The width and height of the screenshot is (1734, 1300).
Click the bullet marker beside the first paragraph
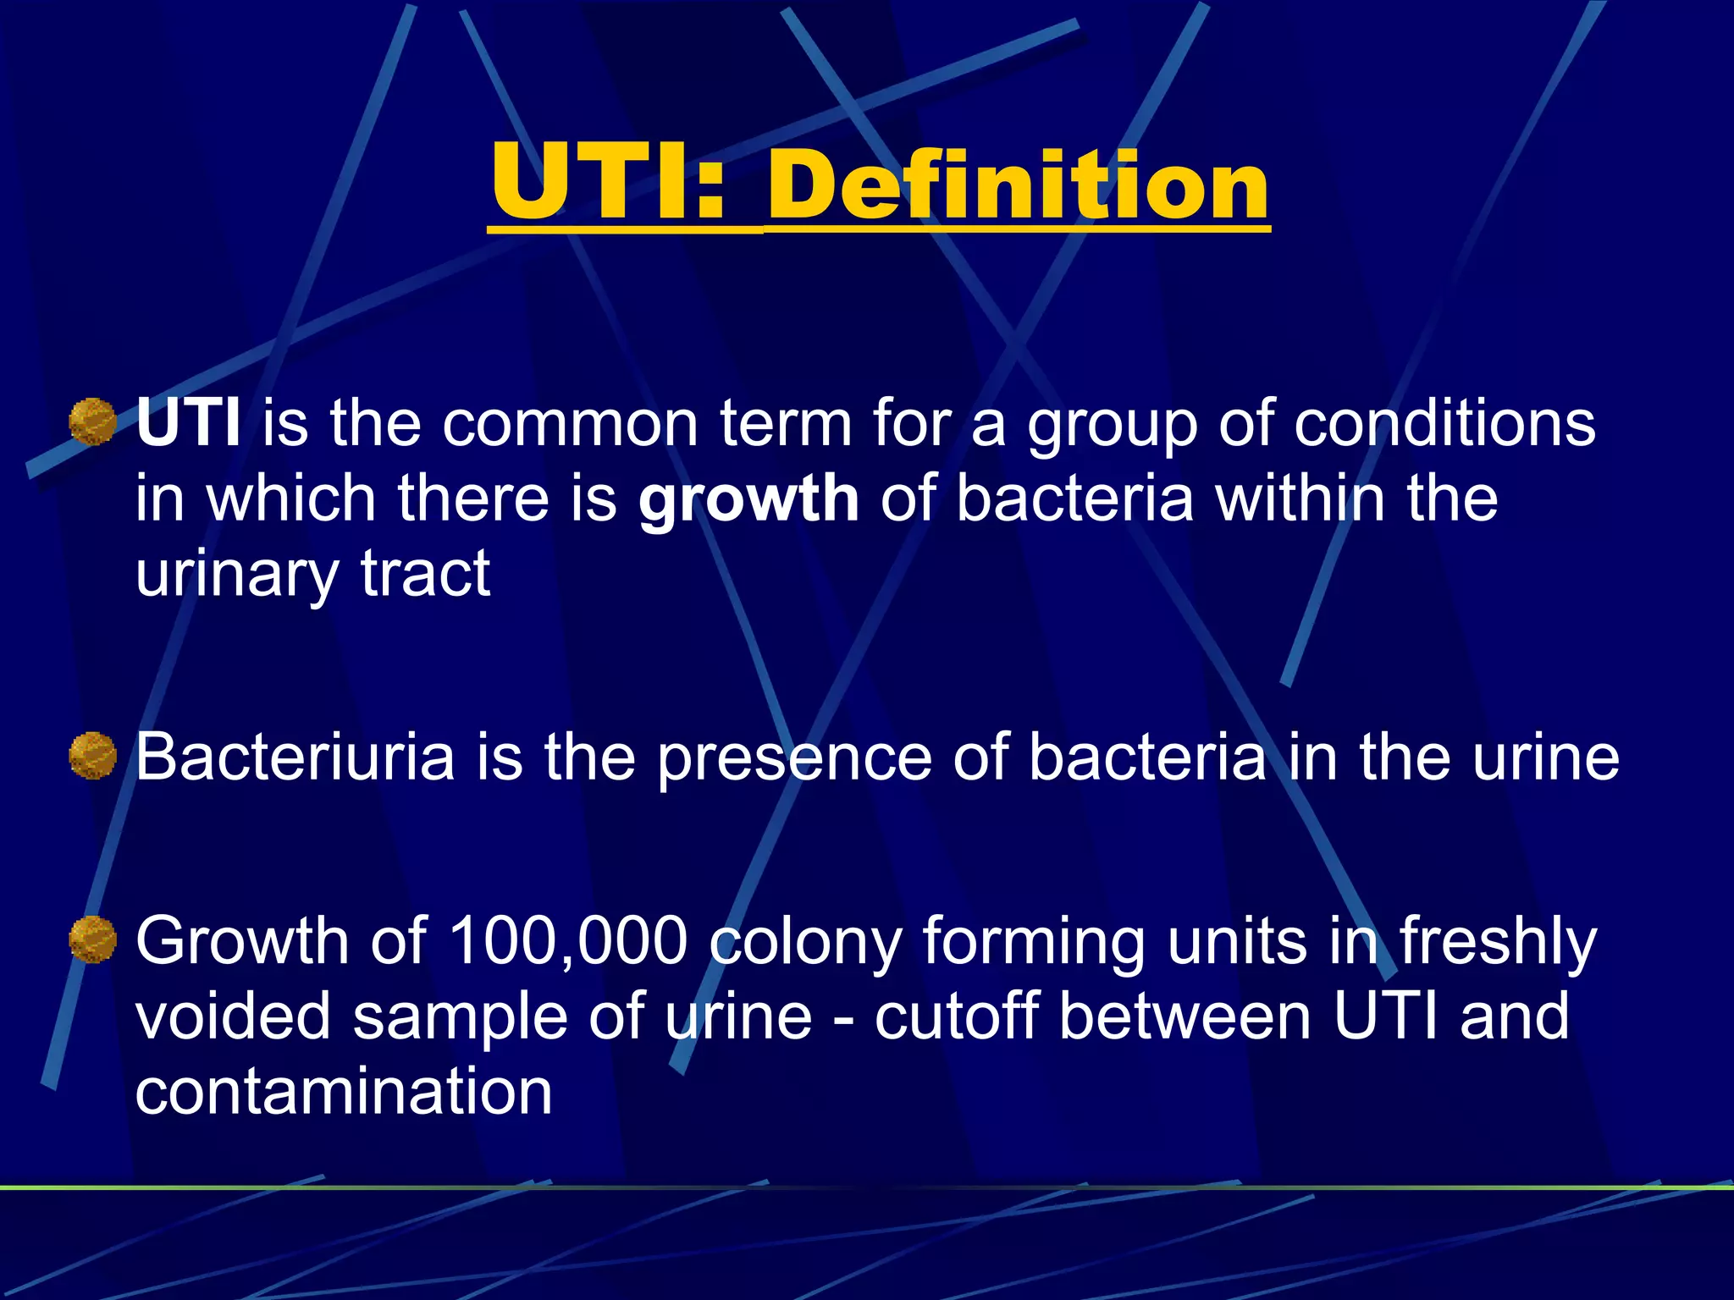click(x=92, y=422)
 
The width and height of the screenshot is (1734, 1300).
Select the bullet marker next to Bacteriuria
click(x=92, y=756)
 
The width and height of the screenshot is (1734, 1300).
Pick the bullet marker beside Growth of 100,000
click(x=92, y=939)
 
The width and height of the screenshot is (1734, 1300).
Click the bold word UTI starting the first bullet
click(x=189, y=422)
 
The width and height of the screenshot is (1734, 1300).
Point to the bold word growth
click(x=748, y=499)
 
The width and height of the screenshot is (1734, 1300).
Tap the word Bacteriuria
click(x=295, y=756)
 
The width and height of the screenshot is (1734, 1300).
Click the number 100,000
click(x=567, y=940)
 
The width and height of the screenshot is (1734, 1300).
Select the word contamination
click(x=344, y=1091)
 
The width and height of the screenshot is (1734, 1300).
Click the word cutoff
click(x=956, y=1016)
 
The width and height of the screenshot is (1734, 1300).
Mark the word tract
click(x=425, y=574)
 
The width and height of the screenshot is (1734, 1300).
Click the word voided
click(x=233, y=1016)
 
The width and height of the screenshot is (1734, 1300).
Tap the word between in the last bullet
click(x=1185, y=1016)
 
